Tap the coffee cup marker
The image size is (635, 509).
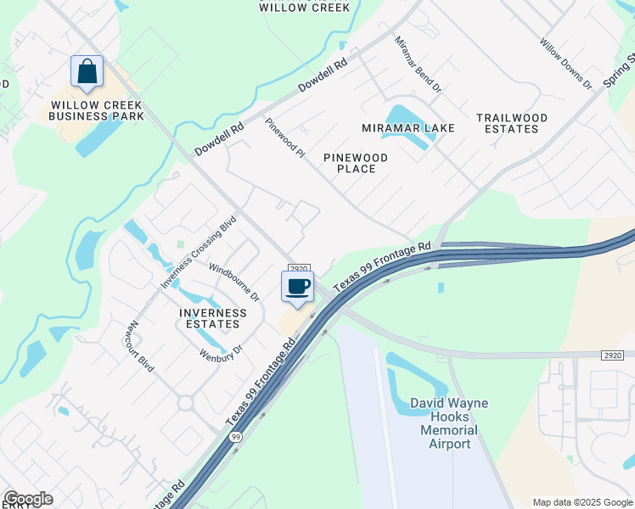pyautogui.click(x=298, y=286)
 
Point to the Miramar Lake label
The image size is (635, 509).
pyautogui.click(x=408, y=128)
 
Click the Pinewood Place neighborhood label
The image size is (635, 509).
pyautogui.click(x=357, y=163)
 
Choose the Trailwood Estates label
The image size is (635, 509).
pyautogui.click(x=511, y=123)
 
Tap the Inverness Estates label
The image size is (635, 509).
pyautogui.click(x=212, y=318)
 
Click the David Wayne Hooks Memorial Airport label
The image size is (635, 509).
pyautogui.click(x=449, y=423)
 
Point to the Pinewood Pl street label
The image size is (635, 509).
pyautogui.click(x=284, y=137)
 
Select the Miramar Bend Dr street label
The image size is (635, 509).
pyautogui.click(x=419, y=64)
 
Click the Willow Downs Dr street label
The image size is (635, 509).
pyautogui.click(x=565, y=64)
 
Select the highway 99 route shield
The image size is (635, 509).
pyautogui.click(x=234, y=437)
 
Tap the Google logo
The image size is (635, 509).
pyautogui.click(x=28, y=499)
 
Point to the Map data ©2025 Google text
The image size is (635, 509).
pyautogui.click(x=582, y=502)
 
